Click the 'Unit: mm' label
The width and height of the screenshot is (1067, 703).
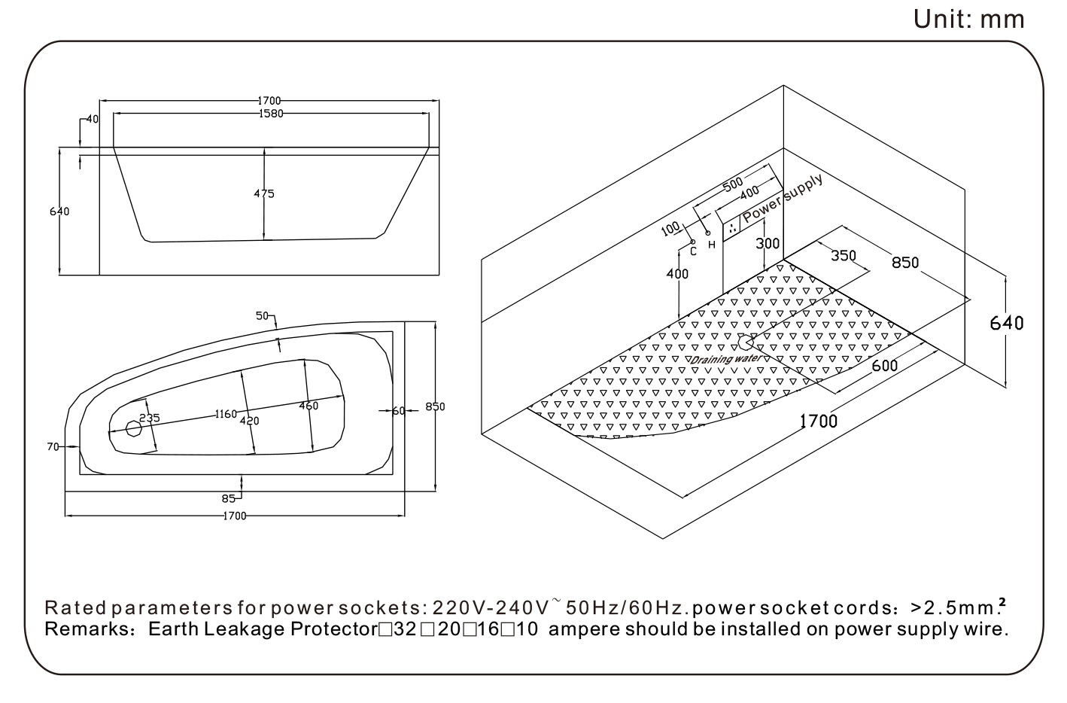click(x=968, y=19)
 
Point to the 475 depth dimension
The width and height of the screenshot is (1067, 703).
click(x=264, y=193)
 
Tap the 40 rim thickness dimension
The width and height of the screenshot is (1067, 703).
click(x=93, y=119)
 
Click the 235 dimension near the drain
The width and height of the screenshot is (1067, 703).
click(x=149, y=418)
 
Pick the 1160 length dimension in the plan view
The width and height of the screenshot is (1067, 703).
click(x=226, y=414)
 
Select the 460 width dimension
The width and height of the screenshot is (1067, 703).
click(x=309, y=406)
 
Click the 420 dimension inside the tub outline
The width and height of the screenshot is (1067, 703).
click(x=249, y=421)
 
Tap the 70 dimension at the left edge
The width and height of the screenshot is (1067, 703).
click(x=53, y=446)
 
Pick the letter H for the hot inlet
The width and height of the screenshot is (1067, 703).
click(x=711, y=245)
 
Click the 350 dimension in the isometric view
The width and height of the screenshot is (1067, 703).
click(x=844, y=255)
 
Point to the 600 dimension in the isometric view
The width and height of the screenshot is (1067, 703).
click(x=884, y=366)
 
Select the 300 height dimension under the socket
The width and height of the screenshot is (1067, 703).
click(x=768, y=243)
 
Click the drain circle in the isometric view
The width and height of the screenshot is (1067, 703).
click(x=746, y=343)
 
